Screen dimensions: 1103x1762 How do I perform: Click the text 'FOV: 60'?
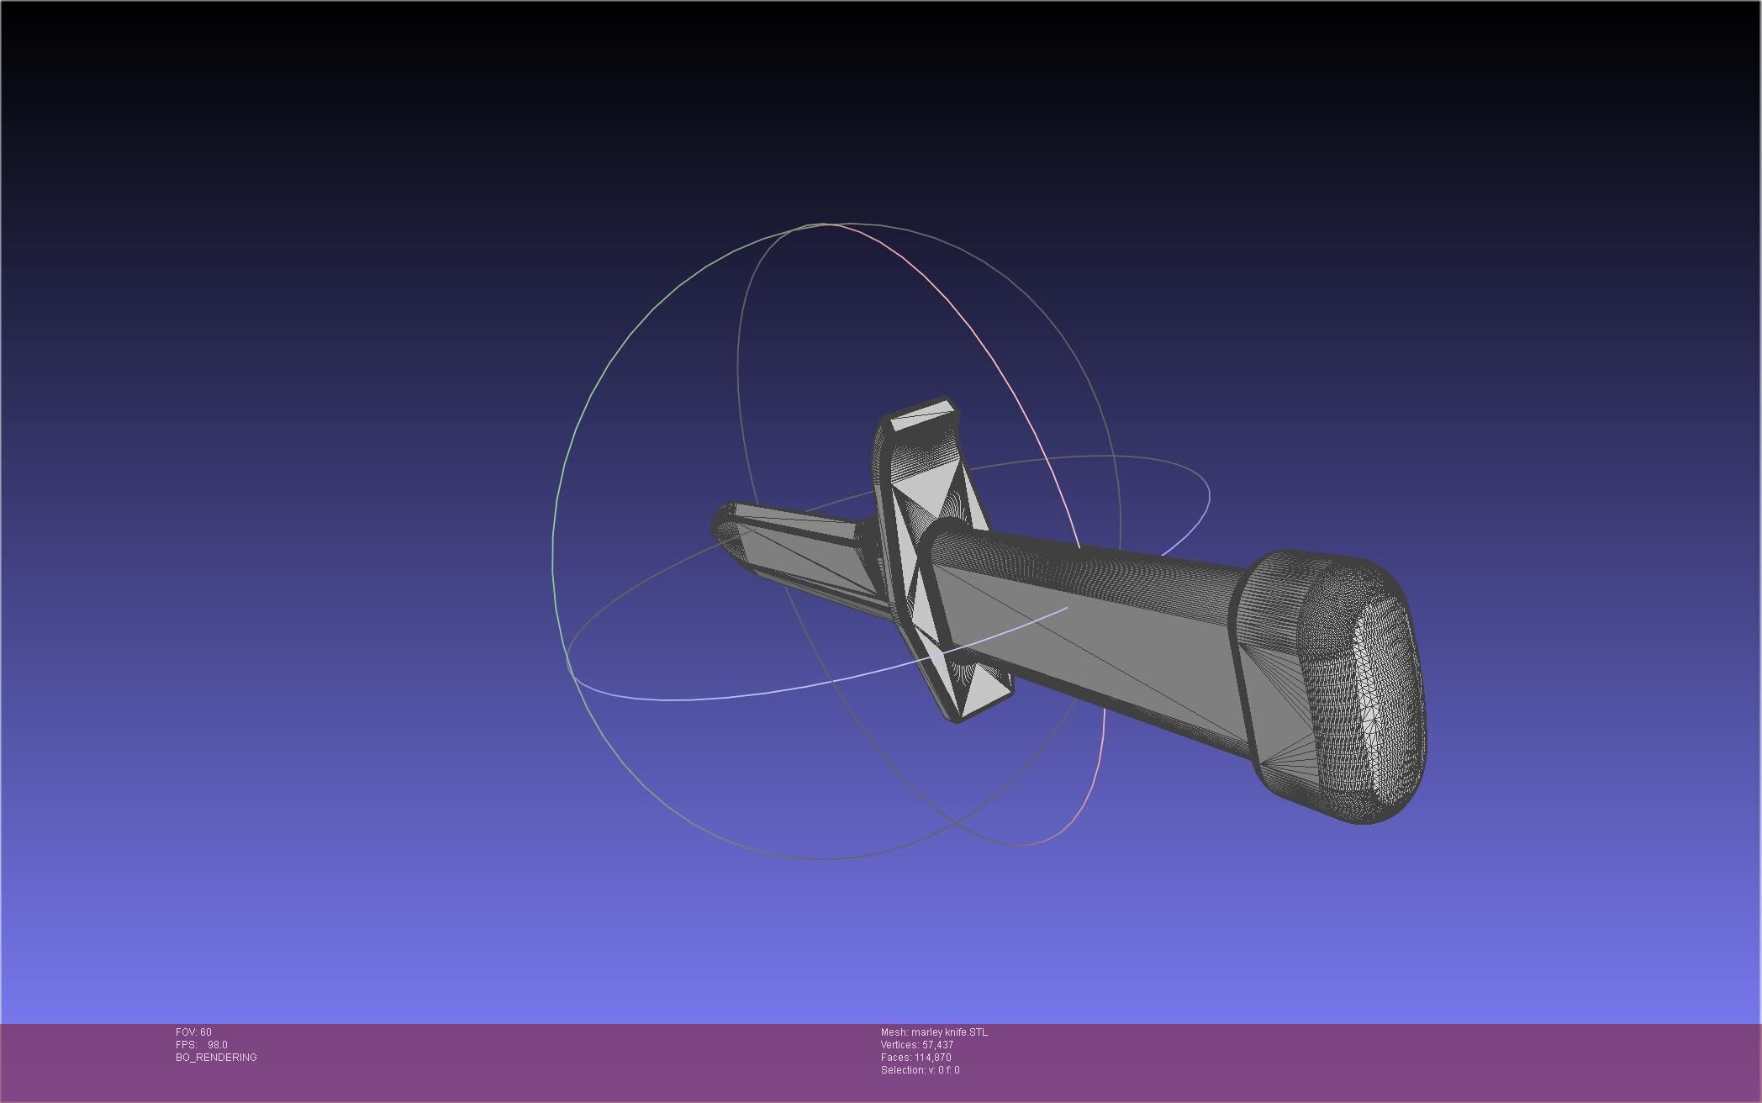click(x=193, y=1032)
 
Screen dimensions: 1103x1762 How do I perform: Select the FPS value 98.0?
click(x=218, y=1044)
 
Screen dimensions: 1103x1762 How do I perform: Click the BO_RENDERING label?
click(x=216, y=1057)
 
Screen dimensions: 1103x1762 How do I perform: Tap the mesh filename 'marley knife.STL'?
click(x=949, y=1032)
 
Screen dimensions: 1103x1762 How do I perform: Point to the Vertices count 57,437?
click(x=937, y=1044)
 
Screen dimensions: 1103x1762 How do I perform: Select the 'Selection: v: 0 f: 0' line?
click(x=920, y=1069)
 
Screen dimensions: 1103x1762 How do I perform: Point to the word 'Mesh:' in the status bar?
click(x=894, y=1032)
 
